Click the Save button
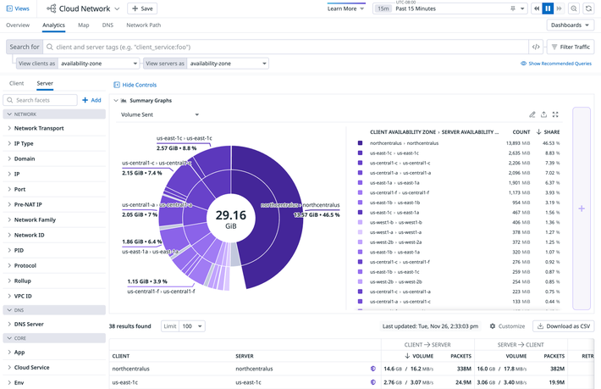(142, 8)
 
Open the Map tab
(84, 25)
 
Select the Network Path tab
(144, 25)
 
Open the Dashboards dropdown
(570, 25)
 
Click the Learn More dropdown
(345, 8)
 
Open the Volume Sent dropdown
(160, 114)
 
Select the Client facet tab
(16, 84)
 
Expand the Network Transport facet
(39, 128)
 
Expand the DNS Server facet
(29, 324)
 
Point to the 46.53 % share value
(550, 143)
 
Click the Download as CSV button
(563, 326)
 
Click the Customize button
(507, 326)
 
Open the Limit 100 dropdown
(190, 326)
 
